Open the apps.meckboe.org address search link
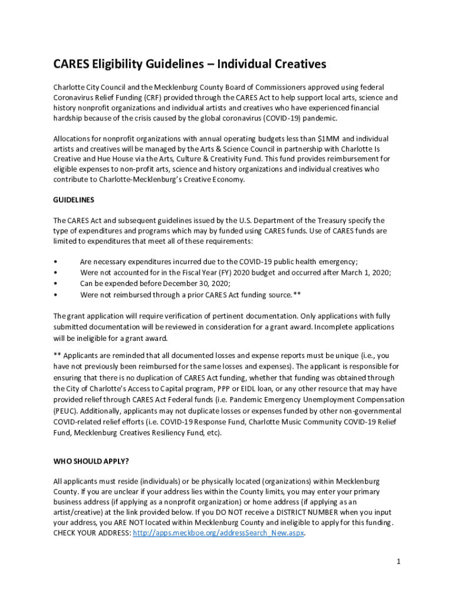(x=218, y=533)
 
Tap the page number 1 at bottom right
(x=399, y=562)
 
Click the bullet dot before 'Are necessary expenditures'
(x=55, y=261)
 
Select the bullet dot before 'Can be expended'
(x=55, y=283)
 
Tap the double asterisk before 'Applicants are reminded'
(x=57, y=356)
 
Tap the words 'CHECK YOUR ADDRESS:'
(x=92, y=533)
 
